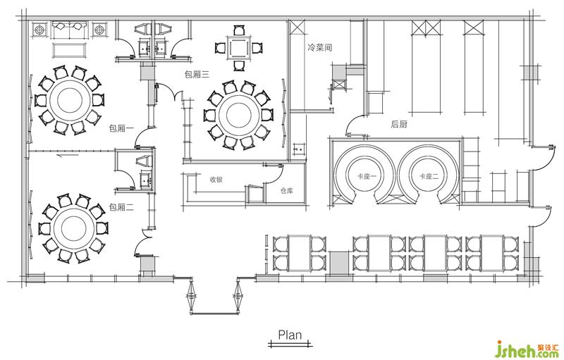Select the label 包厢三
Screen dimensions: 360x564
coord(197,73)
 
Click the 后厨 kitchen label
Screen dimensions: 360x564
coord(399,124)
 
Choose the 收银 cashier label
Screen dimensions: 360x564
coord(216,179)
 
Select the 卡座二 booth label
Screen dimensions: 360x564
coord(428,177)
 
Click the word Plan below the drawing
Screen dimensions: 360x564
coord(289,335)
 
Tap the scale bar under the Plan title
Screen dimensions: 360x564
coord(289,344)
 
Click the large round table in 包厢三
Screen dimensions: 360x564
coord(238,113)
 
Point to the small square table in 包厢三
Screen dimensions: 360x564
coord(238,48)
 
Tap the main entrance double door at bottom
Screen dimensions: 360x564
coord(214,296)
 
